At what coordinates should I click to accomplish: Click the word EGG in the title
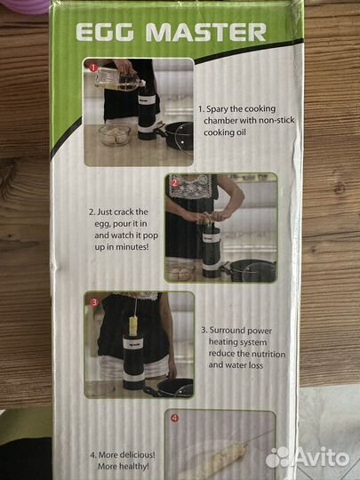click(105, 32)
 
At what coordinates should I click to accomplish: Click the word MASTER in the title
click(206, 32)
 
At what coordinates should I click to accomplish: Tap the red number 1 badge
click(93, 68)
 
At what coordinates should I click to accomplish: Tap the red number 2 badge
click(174, 183)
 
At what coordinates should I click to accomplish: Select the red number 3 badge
click(94, 302)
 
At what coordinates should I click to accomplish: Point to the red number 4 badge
click(174, 418)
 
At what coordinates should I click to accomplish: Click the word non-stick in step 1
click(276, 120)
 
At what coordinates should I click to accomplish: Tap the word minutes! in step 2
click(132, 247)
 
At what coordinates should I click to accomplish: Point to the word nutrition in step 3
click(268, 354)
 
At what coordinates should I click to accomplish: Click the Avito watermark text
click(307, 458)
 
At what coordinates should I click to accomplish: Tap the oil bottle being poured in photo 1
click(118, 79)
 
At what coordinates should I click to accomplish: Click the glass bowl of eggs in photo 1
click(115, 135)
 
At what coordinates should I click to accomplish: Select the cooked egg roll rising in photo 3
click(133, 325)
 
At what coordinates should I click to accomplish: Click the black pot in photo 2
click(252, 270)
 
